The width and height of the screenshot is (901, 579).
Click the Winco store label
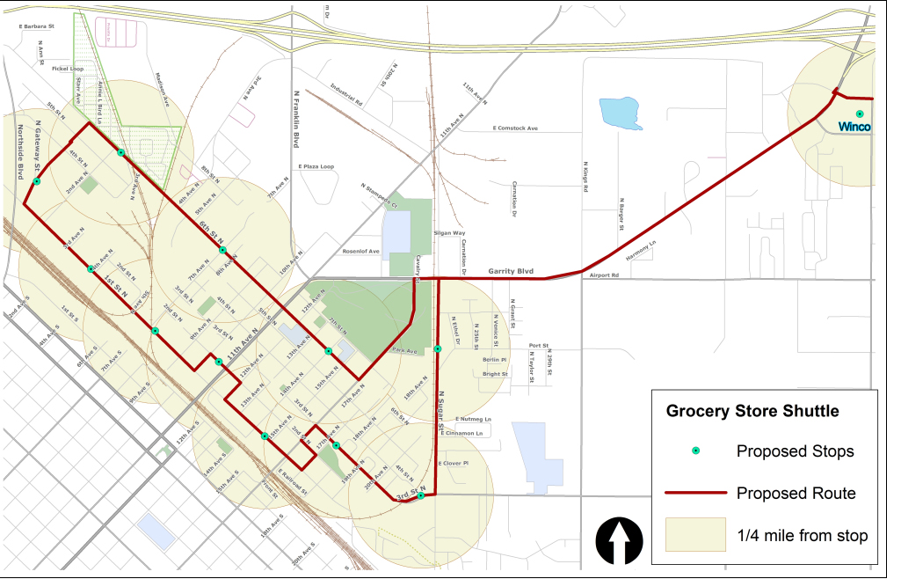pos(854,128)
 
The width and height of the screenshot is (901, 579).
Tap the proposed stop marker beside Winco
pos(860,114)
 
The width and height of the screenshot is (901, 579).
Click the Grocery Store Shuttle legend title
pos(752,411)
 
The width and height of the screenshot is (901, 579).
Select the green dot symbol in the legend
pos(694,451)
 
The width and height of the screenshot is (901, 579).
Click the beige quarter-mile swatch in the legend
pos(694,535)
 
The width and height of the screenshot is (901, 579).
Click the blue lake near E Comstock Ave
pos(621,114)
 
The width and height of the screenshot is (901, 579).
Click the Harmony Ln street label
pos(641,251)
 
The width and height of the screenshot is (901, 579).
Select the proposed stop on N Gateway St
pos(37,181)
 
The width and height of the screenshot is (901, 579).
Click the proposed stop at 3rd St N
pos(421,495)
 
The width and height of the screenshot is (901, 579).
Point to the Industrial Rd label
pos(347,94)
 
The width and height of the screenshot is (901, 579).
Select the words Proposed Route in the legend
pos(796,494)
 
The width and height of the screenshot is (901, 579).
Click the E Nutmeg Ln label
pos(474,419)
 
